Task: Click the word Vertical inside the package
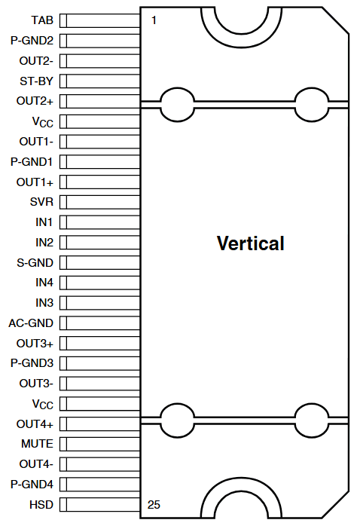pos(250,243)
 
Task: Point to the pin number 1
pos(154,20)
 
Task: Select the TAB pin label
pos(42,20)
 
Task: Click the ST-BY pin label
pos(36,81)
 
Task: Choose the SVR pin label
pos(41,202)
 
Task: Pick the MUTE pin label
pos(38,444)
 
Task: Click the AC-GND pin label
pos(31,323)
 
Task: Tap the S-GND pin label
pos(35,262)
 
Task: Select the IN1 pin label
pos(44,222)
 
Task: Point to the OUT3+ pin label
pos(35,343)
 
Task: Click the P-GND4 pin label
pos(32,484)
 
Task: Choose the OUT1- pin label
pos(35,141)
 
